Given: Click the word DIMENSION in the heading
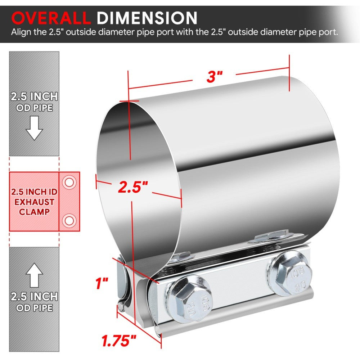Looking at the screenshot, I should (148, 18).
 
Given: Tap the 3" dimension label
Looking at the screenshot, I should (215, 77).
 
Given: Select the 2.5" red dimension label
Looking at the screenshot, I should (133, 187).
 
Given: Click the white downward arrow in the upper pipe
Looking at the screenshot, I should (35, 130).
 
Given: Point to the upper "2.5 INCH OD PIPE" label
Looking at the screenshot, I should (35, 102).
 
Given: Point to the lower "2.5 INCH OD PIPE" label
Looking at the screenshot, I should (35, 302).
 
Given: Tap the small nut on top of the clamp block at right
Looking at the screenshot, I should (270, 236).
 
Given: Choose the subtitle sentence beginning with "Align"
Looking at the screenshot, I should (174, 32).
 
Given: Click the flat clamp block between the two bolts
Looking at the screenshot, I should (238, 288).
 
